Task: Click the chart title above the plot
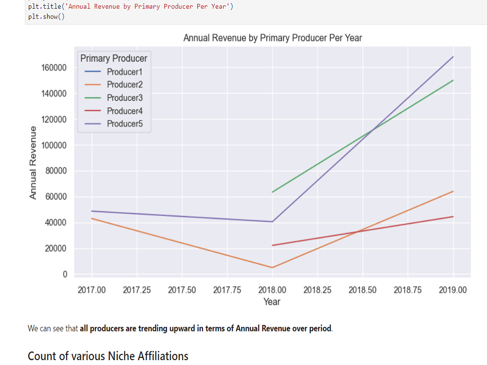[272, 38]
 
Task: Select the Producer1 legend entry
[124, 72]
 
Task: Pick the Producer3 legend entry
[124, 98]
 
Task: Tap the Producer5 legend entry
[124, 124]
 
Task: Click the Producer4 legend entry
[124, 111]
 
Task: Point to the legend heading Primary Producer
[113, 58]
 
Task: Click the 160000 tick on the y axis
[54, 68]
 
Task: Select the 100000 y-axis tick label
[54, 146]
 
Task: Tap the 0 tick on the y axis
[64, 274]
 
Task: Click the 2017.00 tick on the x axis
[92, 290]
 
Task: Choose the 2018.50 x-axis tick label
[362, 290]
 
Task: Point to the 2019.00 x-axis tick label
[452, 290]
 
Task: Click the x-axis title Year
[272, 302]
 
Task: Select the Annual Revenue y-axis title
[33, 162]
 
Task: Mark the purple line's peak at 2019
[453, 57]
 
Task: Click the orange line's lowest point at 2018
[272, 268]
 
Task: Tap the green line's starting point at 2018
[272, 192]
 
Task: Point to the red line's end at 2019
[453, 217]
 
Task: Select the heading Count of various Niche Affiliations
[108, 356]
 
